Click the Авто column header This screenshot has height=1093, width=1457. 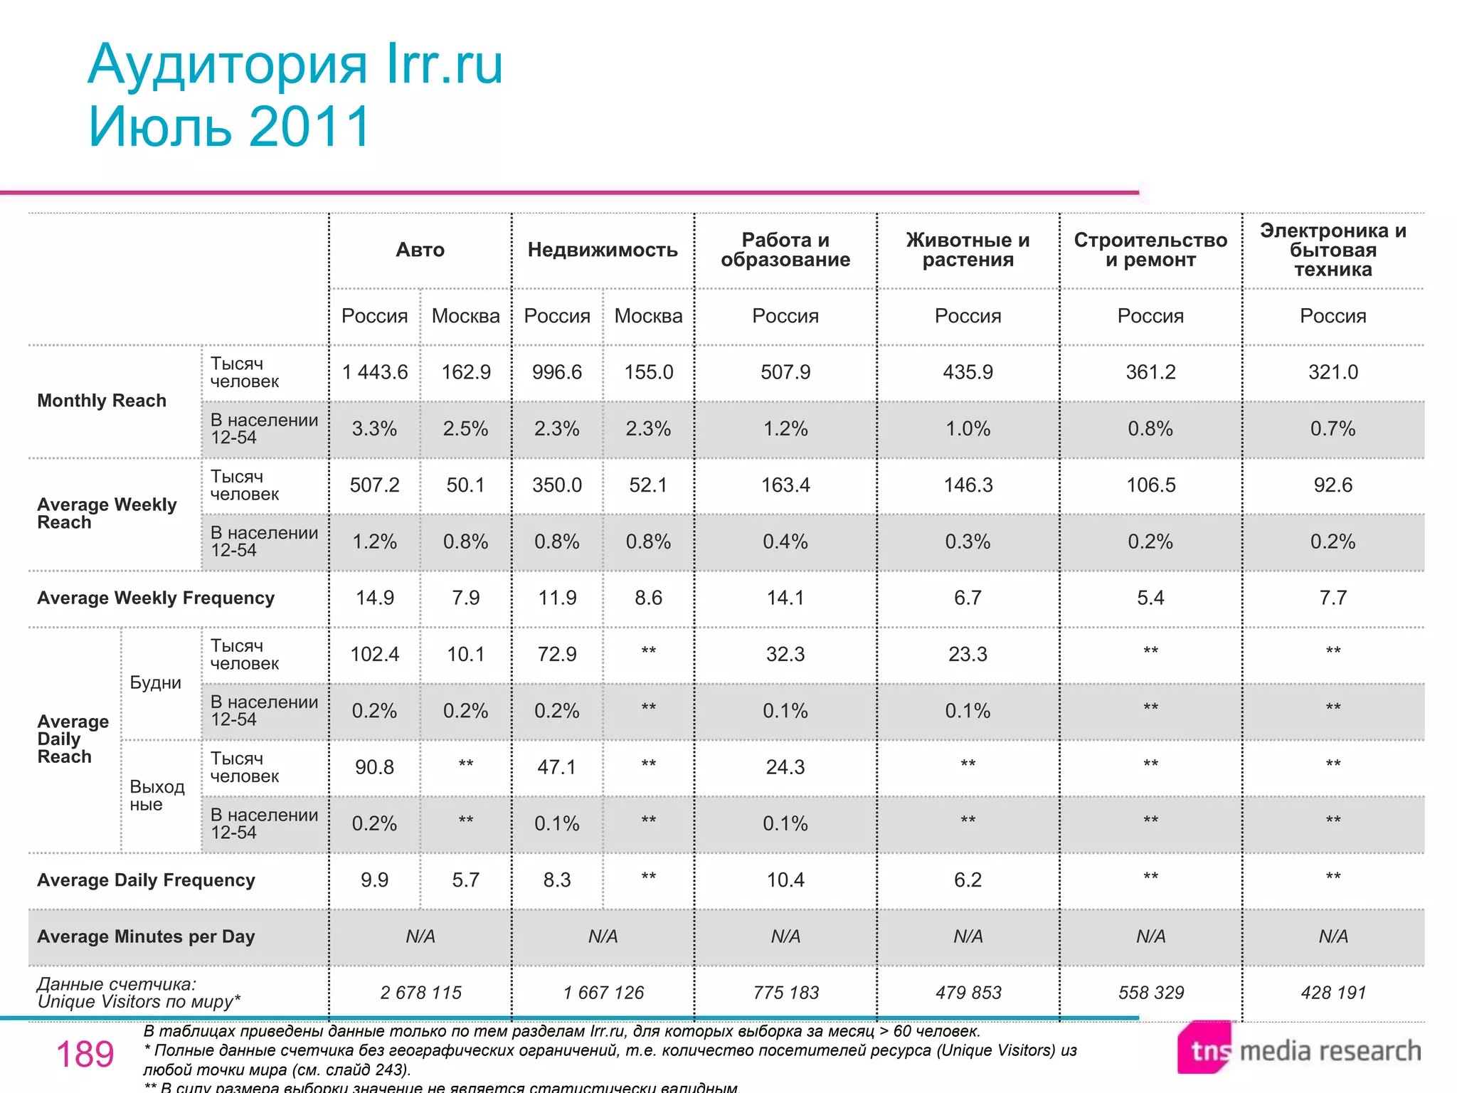click(420, 250)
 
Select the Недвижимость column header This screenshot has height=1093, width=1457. click(603, 250)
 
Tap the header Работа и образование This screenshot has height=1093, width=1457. click(785, 250)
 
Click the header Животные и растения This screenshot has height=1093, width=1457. click(968, 250)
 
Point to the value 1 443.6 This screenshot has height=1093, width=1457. click(375, 372)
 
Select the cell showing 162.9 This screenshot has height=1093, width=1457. click(466, 372)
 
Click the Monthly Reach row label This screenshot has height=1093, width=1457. click(102, 401)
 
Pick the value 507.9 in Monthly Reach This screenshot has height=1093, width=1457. click(785, 372)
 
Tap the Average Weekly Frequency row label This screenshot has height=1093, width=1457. click(156, 598)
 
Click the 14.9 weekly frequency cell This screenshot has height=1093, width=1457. click(375, 598)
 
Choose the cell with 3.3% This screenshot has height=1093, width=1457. click(375, 428)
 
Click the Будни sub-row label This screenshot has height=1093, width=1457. click(156, 683)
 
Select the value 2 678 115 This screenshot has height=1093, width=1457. click(420, 993)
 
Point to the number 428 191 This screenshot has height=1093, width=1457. click(1333, 993)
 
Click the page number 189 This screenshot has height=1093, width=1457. click(85, 1054)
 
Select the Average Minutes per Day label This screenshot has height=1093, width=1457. click(146, 936)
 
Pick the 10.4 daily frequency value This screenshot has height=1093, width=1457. click(785, 880)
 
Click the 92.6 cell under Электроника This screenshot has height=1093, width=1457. click(1333, 485)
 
